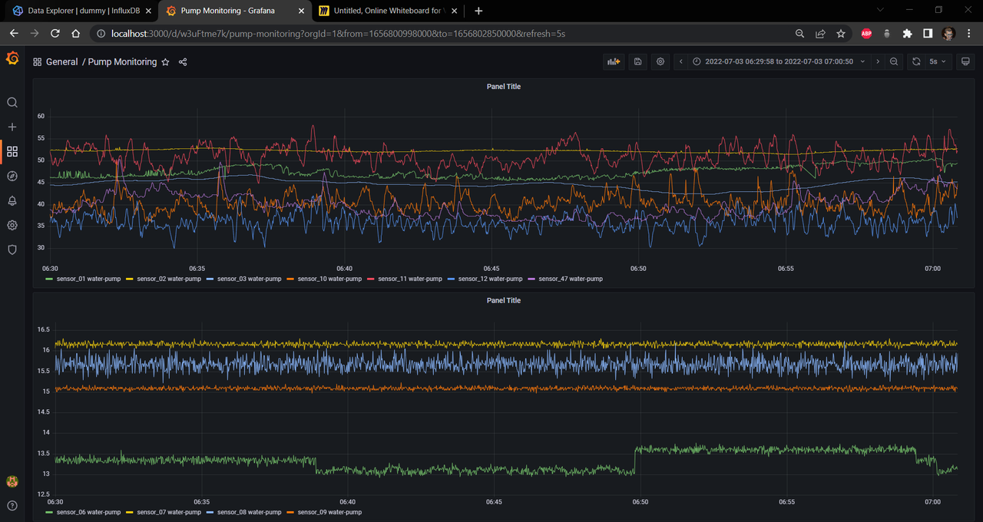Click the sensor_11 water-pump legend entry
(409, 279)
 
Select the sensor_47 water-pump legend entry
(570, 279)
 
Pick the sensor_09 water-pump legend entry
(329, 511)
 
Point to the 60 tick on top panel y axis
(41, 116)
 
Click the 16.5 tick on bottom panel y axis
(43, 329)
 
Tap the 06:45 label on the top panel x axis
(491, 269)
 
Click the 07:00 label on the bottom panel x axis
(932, 501)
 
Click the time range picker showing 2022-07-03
(779, 61)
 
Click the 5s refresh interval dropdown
(938, 61)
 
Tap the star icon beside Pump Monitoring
(165, 62)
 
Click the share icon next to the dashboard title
(183, 62)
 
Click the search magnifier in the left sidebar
(12, 102)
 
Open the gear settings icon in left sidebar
(12, 225)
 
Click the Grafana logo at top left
(12, 59)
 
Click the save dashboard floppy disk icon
(637, 61)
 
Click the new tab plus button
(478, 11)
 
